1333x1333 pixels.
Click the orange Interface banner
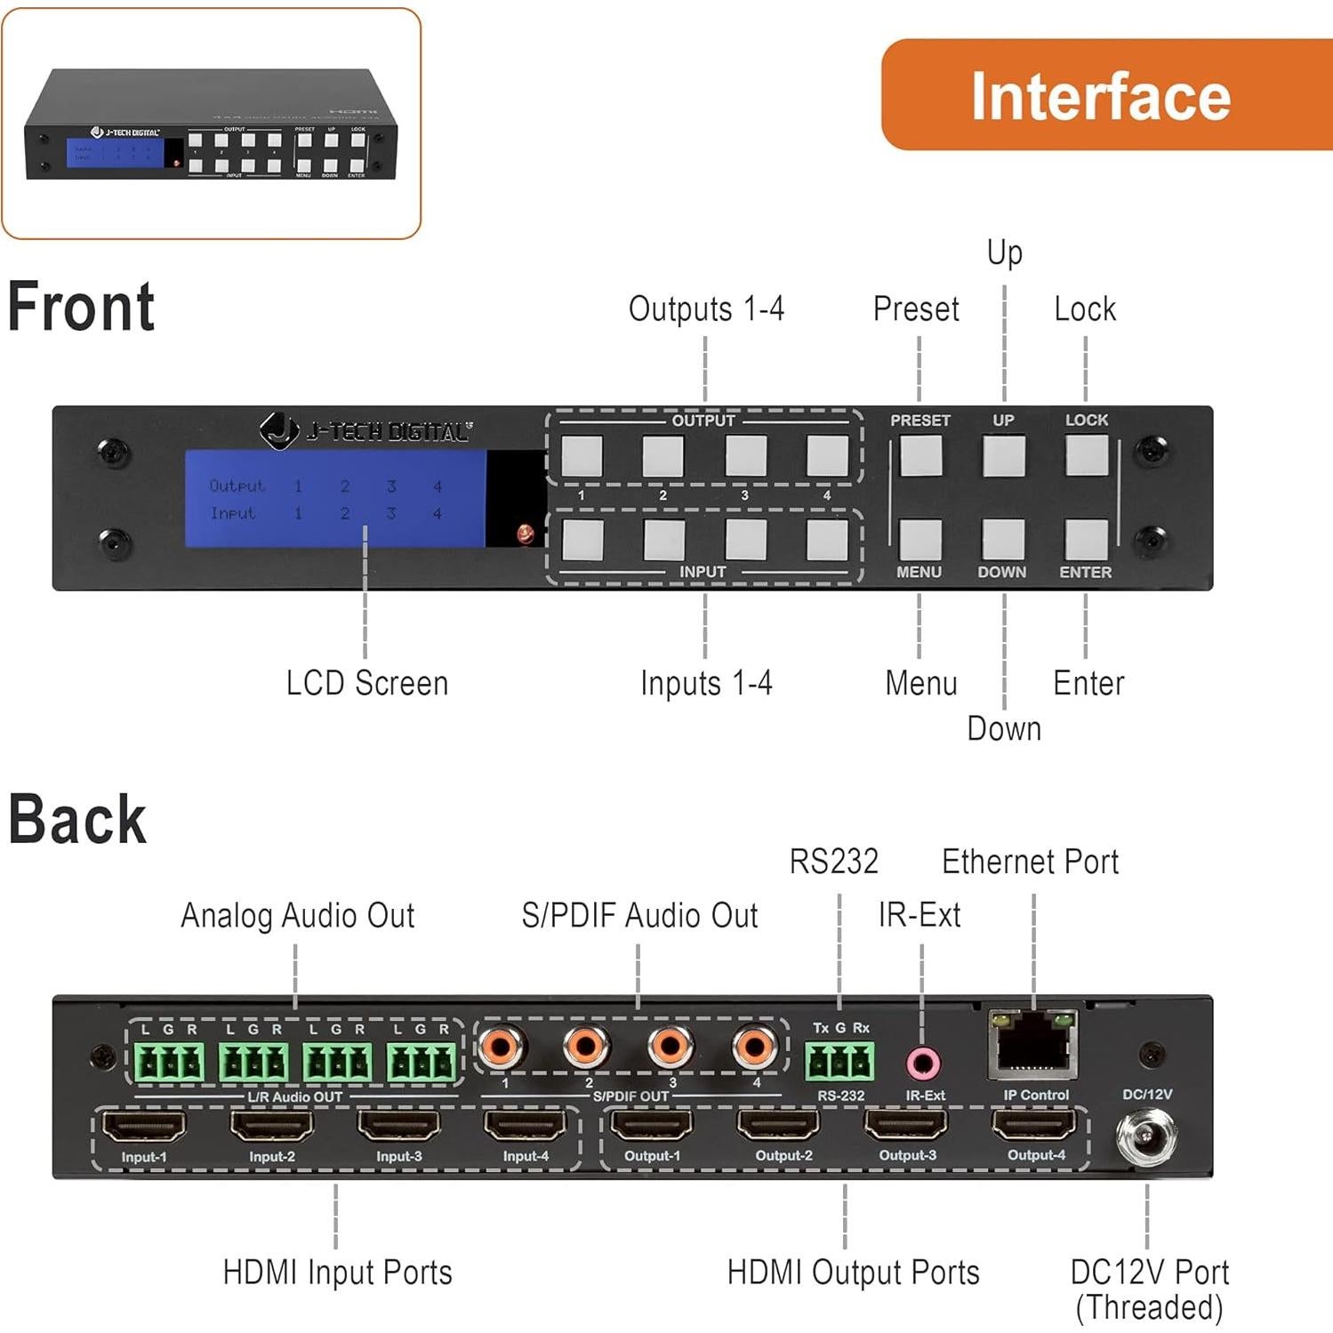click(1103, 95)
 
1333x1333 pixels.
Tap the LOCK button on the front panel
click(1086, 455)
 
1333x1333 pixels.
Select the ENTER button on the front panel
click(1086, 539)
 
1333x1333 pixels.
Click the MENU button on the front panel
click(919, 539)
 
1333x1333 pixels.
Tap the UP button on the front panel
click(1003, 455)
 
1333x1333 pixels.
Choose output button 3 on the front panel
click(745, 455)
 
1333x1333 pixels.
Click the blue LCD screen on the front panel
click(335, 499)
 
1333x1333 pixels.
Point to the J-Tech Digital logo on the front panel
click(365, 430)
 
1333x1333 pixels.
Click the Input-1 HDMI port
click(144, 1126)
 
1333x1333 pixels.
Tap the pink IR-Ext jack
click(923, 1062)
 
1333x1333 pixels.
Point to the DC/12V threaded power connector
click(1147, 1138)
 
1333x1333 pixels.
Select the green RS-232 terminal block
click(839, 1061)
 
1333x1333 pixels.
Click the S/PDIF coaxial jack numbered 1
click(502, 1047)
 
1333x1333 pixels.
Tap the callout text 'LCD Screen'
click(366, 684)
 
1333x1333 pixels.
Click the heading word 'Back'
click(77, 819)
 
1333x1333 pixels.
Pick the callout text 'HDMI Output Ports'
click(853, 1273)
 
